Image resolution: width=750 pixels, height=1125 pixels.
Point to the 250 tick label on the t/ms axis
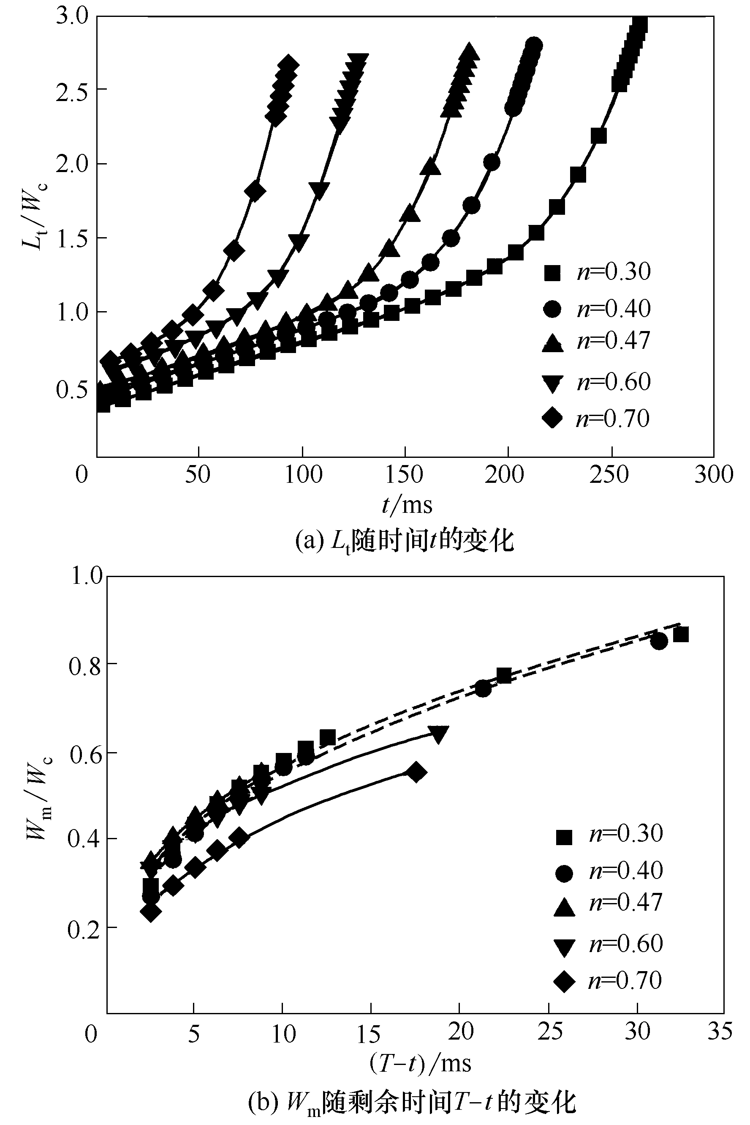[609, 475]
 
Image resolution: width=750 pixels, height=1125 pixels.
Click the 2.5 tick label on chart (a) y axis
[72, 89]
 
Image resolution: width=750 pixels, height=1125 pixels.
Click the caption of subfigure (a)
[404, 542]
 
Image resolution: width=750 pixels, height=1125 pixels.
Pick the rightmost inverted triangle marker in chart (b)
[439, 734]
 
